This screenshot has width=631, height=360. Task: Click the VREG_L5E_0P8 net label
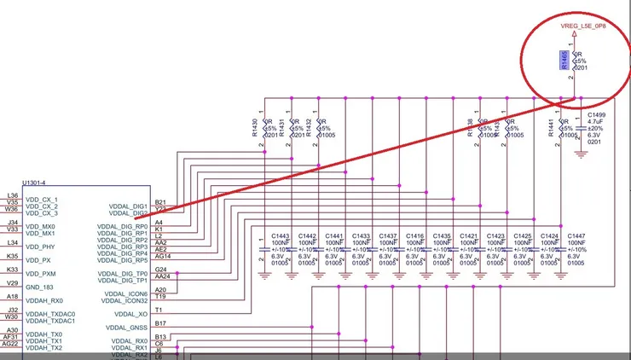click(582, 26)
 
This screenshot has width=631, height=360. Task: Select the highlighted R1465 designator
click(564, 59)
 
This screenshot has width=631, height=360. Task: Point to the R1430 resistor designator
click(255, 129)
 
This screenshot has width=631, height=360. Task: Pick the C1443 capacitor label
click(281, 235)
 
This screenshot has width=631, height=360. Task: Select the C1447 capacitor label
click(577, 235)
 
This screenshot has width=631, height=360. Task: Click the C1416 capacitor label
click(415, 235)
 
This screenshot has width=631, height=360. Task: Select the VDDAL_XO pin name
click(128, 313)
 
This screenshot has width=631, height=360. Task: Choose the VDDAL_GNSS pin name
click(126, 327)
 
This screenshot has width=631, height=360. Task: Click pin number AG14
click(163, 256)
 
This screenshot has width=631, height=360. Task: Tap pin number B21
click(160, 202)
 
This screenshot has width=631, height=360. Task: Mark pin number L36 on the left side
click(11, 195)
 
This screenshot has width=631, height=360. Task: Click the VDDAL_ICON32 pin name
click(124, 300)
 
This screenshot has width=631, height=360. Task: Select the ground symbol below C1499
click(582, 154)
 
